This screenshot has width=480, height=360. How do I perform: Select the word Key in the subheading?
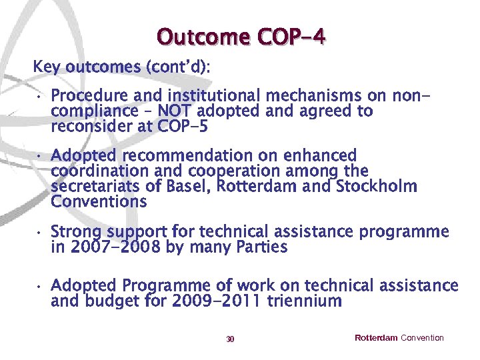click(x=47, y=67)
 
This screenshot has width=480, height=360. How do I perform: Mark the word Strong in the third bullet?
click(x=75, y=233)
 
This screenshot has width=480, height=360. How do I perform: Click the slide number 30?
click(x=230, y=339)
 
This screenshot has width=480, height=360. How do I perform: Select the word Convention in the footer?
click(x=422, y=338)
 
